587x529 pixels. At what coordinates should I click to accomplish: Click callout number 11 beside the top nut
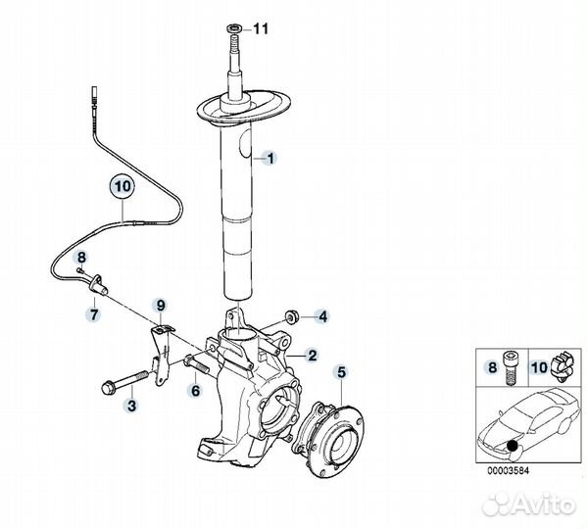click(262, 28)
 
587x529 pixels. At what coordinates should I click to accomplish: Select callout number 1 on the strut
click(270, 159)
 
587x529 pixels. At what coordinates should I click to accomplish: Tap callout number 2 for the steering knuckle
click(312, 355)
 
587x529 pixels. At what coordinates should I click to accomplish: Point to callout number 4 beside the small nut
click(322, 316)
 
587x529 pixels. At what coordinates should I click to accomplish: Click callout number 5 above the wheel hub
click(342, 372)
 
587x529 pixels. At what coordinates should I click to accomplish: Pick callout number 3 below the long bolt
click(196, 391)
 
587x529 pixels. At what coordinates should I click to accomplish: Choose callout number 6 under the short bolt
click(94, 314)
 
